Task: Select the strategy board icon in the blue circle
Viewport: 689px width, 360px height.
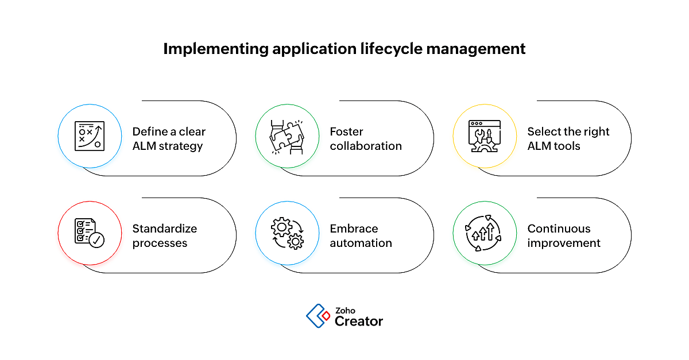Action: point(90,136)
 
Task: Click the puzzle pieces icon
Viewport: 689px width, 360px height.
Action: point(287,136)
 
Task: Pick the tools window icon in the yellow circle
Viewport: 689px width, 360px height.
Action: point(485,136)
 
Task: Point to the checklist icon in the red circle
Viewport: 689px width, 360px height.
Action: point(90,233)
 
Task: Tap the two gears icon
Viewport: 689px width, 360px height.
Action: point(287,233)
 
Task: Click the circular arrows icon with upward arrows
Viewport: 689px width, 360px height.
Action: point(485,233)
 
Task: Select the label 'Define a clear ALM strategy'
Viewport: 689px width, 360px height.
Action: point(168,139)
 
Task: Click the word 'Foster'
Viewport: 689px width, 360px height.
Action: point(346,131)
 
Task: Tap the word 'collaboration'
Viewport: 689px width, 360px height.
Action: point(366,146)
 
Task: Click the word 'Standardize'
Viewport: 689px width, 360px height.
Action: point(164,229)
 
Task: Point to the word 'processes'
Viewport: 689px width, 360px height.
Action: point(160,243)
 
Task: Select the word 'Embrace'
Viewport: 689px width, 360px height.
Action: point(354,229)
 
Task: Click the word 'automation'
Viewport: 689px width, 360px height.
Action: point(361,243)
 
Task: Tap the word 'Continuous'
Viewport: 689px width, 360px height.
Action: point(559,229)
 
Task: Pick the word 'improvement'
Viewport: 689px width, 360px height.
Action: point(564,243)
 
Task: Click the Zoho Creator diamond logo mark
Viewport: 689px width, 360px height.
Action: point(318,315)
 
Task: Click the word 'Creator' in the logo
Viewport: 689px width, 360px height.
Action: point(358,322)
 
